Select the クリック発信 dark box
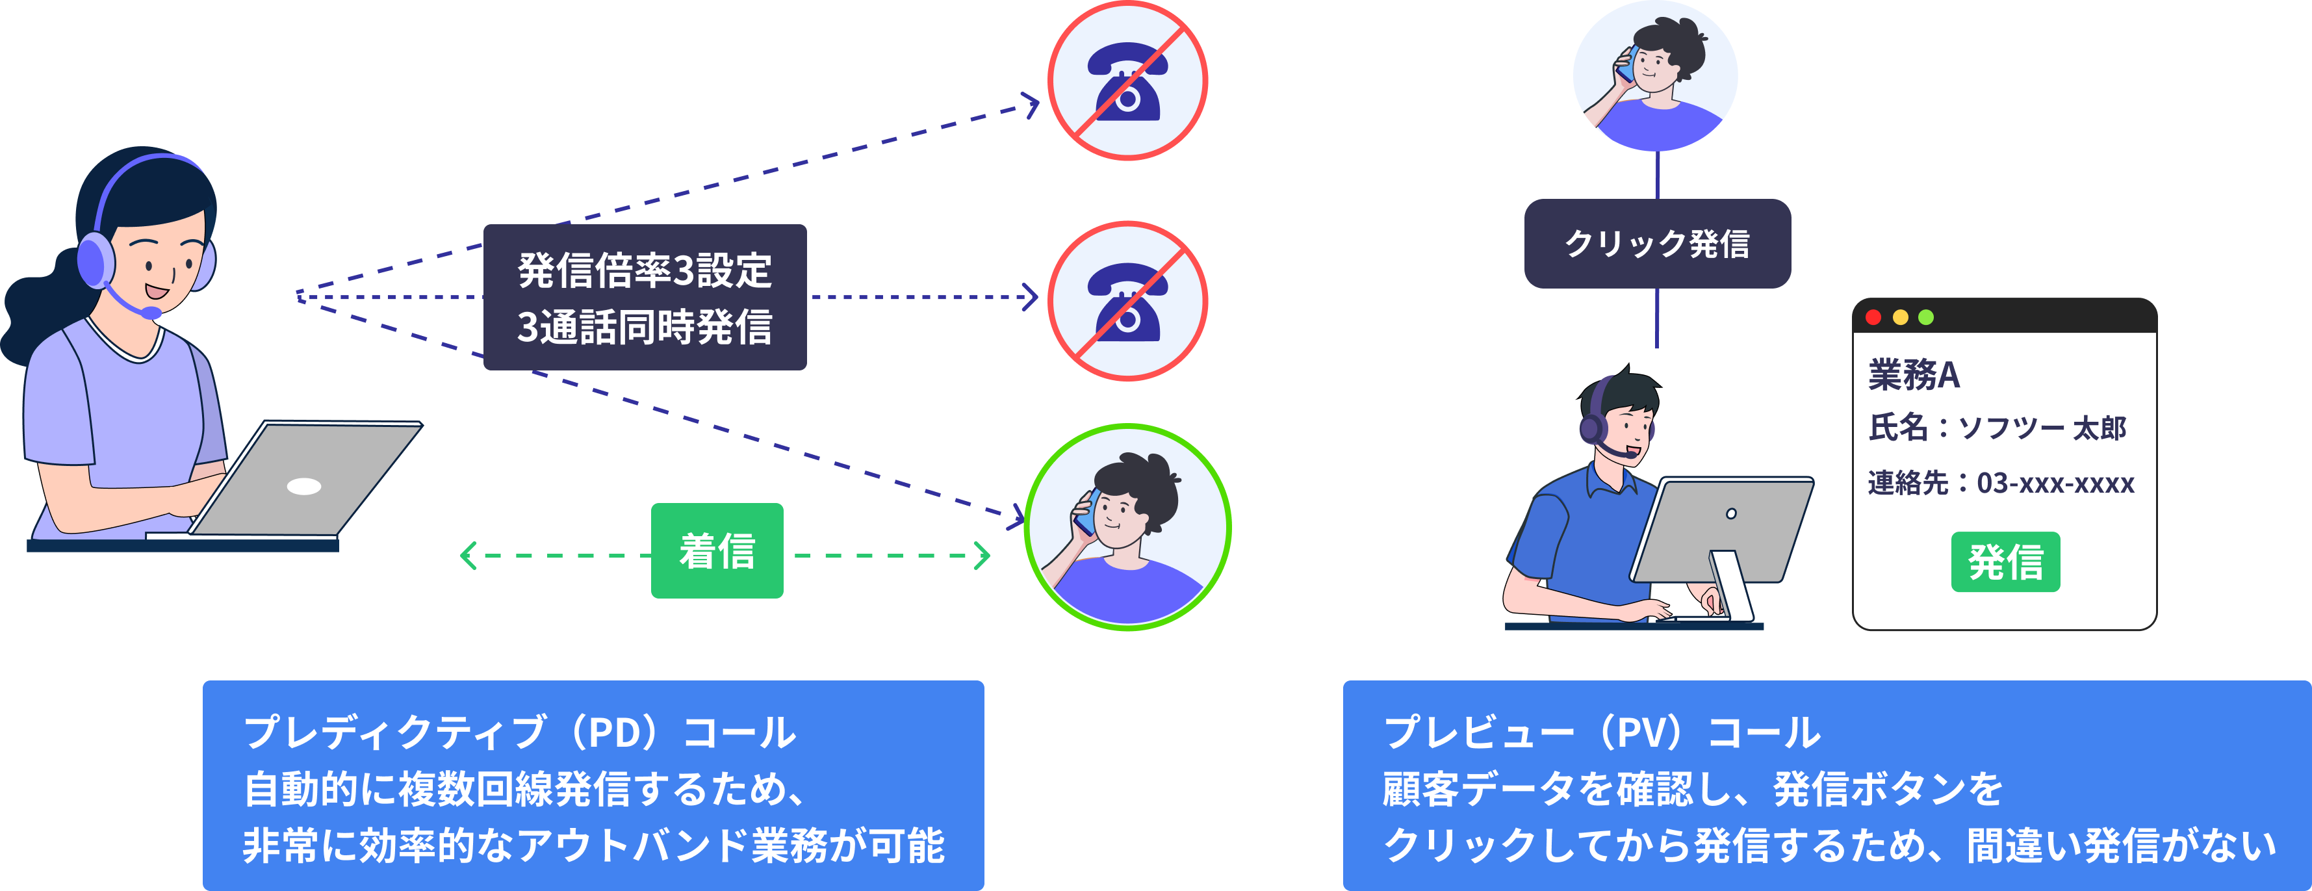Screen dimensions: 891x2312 coord(1657,243)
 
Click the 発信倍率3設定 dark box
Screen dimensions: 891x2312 coord(645,297)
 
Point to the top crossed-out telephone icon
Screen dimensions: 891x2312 coord(1127,81)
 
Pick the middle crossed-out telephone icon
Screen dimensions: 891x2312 coord(1127,301)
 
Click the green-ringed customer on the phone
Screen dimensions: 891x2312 coord(1127,528)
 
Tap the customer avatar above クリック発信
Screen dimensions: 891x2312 coord(1655,75)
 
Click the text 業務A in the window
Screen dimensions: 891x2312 coord(1914,375)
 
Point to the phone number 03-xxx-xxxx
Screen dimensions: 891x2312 coord(2055,484)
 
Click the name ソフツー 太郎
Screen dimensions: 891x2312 coord(2042,428)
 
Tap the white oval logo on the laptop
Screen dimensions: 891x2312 coord(303,486)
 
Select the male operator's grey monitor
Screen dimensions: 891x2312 coord(1719,530)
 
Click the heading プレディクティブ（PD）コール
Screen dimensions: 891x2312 coord(519,732)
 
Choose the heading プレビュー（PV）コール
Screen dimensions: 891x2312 coord(1601,732)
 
